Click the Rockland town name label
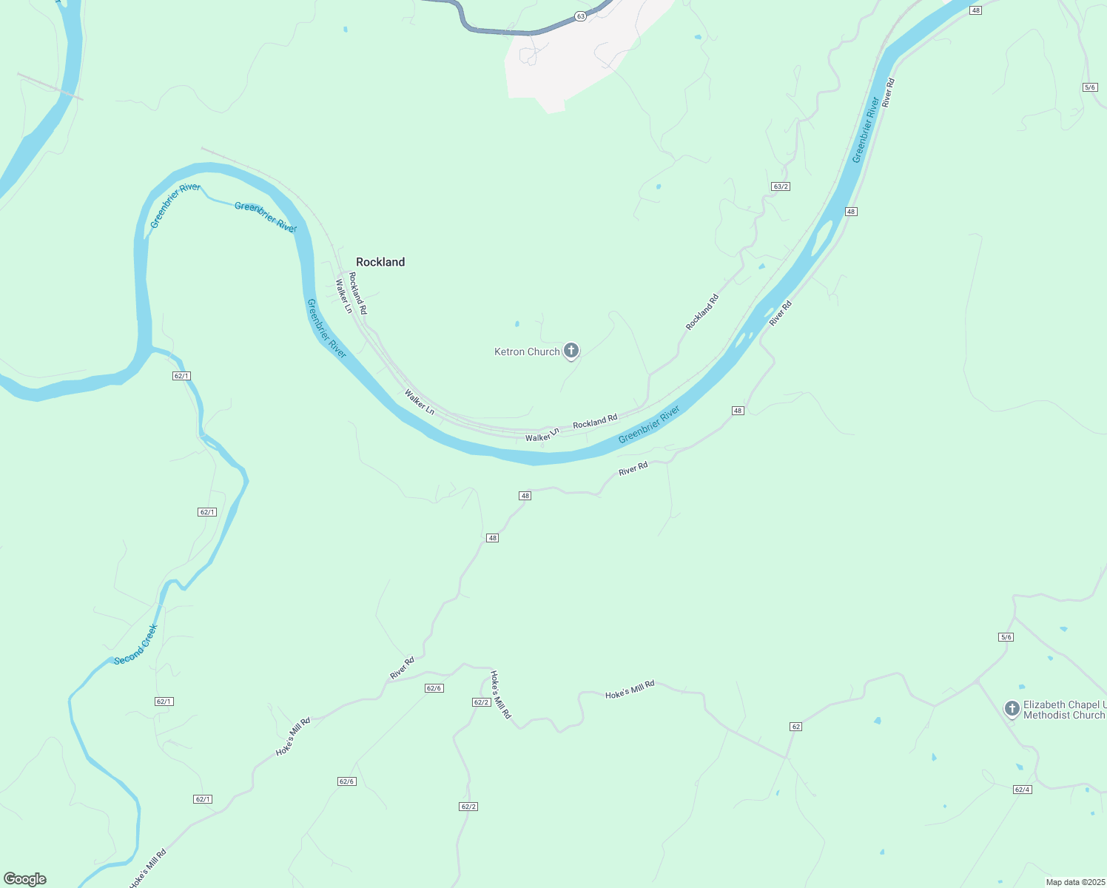380,262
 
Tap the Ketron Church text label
527,352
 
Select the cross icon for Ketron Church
571,350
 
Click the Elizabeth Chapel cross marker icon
1012,708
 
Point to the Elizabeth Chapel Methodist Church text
1063,710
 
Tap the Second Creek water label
135,645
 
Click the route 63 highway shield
580,16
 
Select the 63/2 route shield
781,186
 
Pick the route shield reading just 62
795,727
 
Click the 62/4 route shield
1022,790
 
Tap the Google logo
25,879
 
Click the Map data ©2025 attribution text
1075,882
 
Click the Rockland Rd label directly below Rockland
357,293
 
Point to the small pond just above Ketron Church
517,323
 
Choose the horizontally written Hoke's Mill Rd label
630,690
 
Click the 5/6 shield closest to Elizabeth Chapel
1006,637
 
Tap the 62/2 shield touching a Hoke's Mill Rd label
481,702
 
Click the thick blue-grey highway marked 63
503,32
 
